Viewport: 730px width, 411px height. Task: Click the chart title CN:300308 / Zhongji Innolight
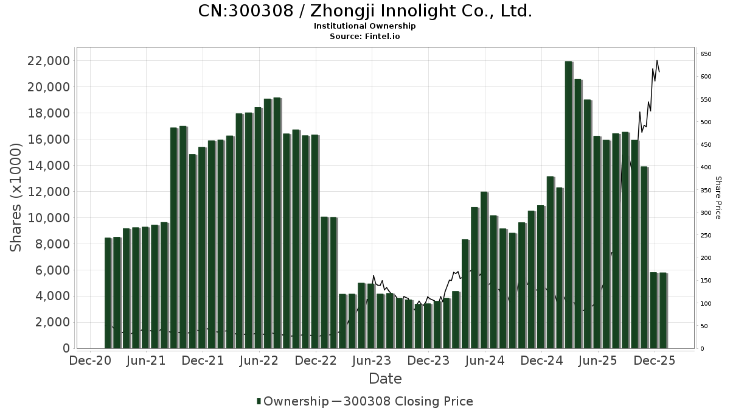point(365,11)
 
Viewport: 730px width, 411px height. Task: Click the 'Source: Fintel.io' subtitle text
point(365,36)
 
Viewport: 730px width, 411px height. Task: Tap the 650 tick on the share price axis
point(706,54)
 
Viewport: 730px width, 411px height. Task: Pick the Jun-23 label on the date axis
point(372,360)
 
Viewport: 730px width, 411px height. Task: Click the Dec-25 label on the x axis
point(655,360)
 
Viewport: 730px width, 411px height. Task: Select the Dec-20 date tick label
point(89,360)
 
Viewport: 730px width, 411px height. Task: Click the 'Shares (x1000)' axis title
point(16,197)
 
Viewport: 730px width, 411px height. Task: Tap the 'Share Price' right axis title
point(718,198)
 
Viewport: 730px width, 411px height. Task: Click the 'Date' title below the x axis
point(385,379)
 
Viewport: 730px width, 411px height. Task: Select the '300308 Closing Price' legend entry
point(408,401)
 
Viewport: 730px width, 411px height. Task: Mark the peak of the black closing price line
point(657,60)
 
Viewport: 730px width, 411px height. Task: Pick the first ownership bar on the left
point(108,293)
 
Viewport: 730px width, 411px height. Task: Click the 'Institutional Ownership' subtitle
point(365,26)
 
